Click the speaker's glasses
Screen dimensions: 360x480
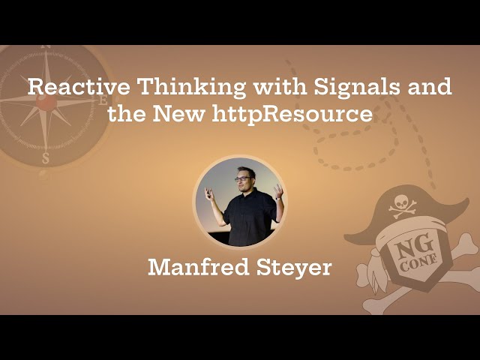241,178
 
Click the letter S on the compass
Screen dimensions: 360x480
46,158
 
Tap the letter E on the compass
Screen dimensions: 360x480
103,100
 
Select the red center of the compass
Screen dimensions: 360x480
46,101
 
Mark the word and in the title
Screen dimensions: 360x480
430,87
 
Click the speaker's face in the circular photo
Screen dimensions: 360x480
241,181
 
